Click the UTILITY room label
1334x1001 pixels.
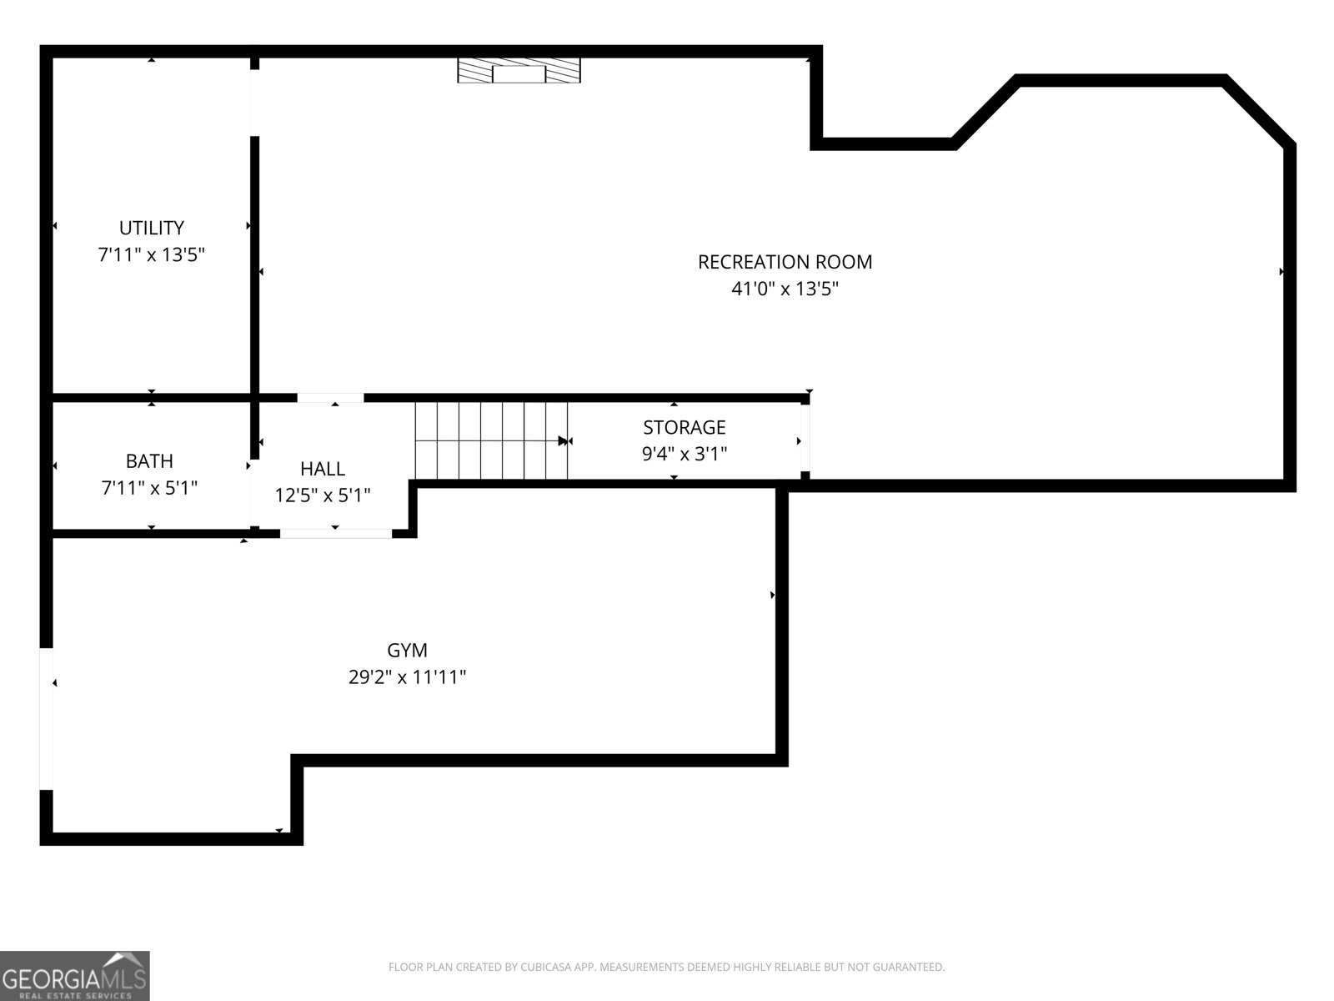151,228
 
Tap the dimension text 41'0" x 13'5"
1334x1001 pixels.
785,289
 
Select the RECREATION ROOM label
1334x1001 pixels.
785,262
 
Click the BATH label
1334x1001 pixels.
149,460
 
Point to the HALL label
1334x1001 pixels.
323,469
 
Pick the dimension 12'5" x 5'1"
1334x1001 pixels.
323,495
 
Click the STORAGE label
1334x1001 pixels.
684,427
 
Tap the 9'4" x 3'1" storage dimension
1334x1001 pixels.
684,454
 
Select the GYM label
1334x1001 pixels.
407,650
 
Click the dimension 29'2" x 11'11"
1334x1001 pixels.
407,677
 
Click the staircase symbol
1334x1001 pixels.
491,440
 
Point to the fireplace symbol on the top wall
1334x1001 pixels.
519,71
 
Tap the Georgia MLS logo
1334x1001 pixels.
74,975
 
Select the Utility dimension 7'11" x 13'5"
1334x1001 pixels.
151,254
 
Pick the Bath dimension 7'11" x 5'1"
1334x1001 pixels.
149,487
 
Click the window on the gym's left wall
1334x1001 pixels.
47,718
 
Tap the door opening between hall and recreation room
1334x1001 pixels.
330,398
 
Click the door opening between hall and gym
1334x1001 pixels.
335,534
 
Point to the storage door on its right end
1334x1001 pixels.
805,440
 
